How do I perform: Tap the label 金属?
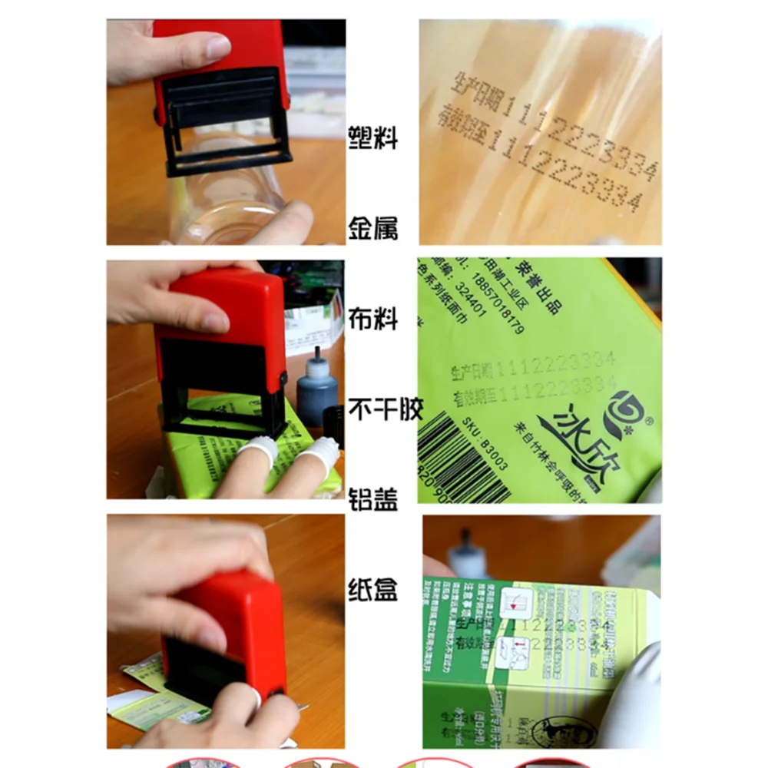click(x=373, y=228)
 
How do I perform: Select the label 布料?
click(x=373, y=318)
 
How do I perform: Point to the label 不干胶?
click(x=386, y=409)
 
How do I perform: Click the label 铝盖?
click(x=373, y=499)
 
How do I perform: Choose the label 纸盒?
click(x=373, y=590)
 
